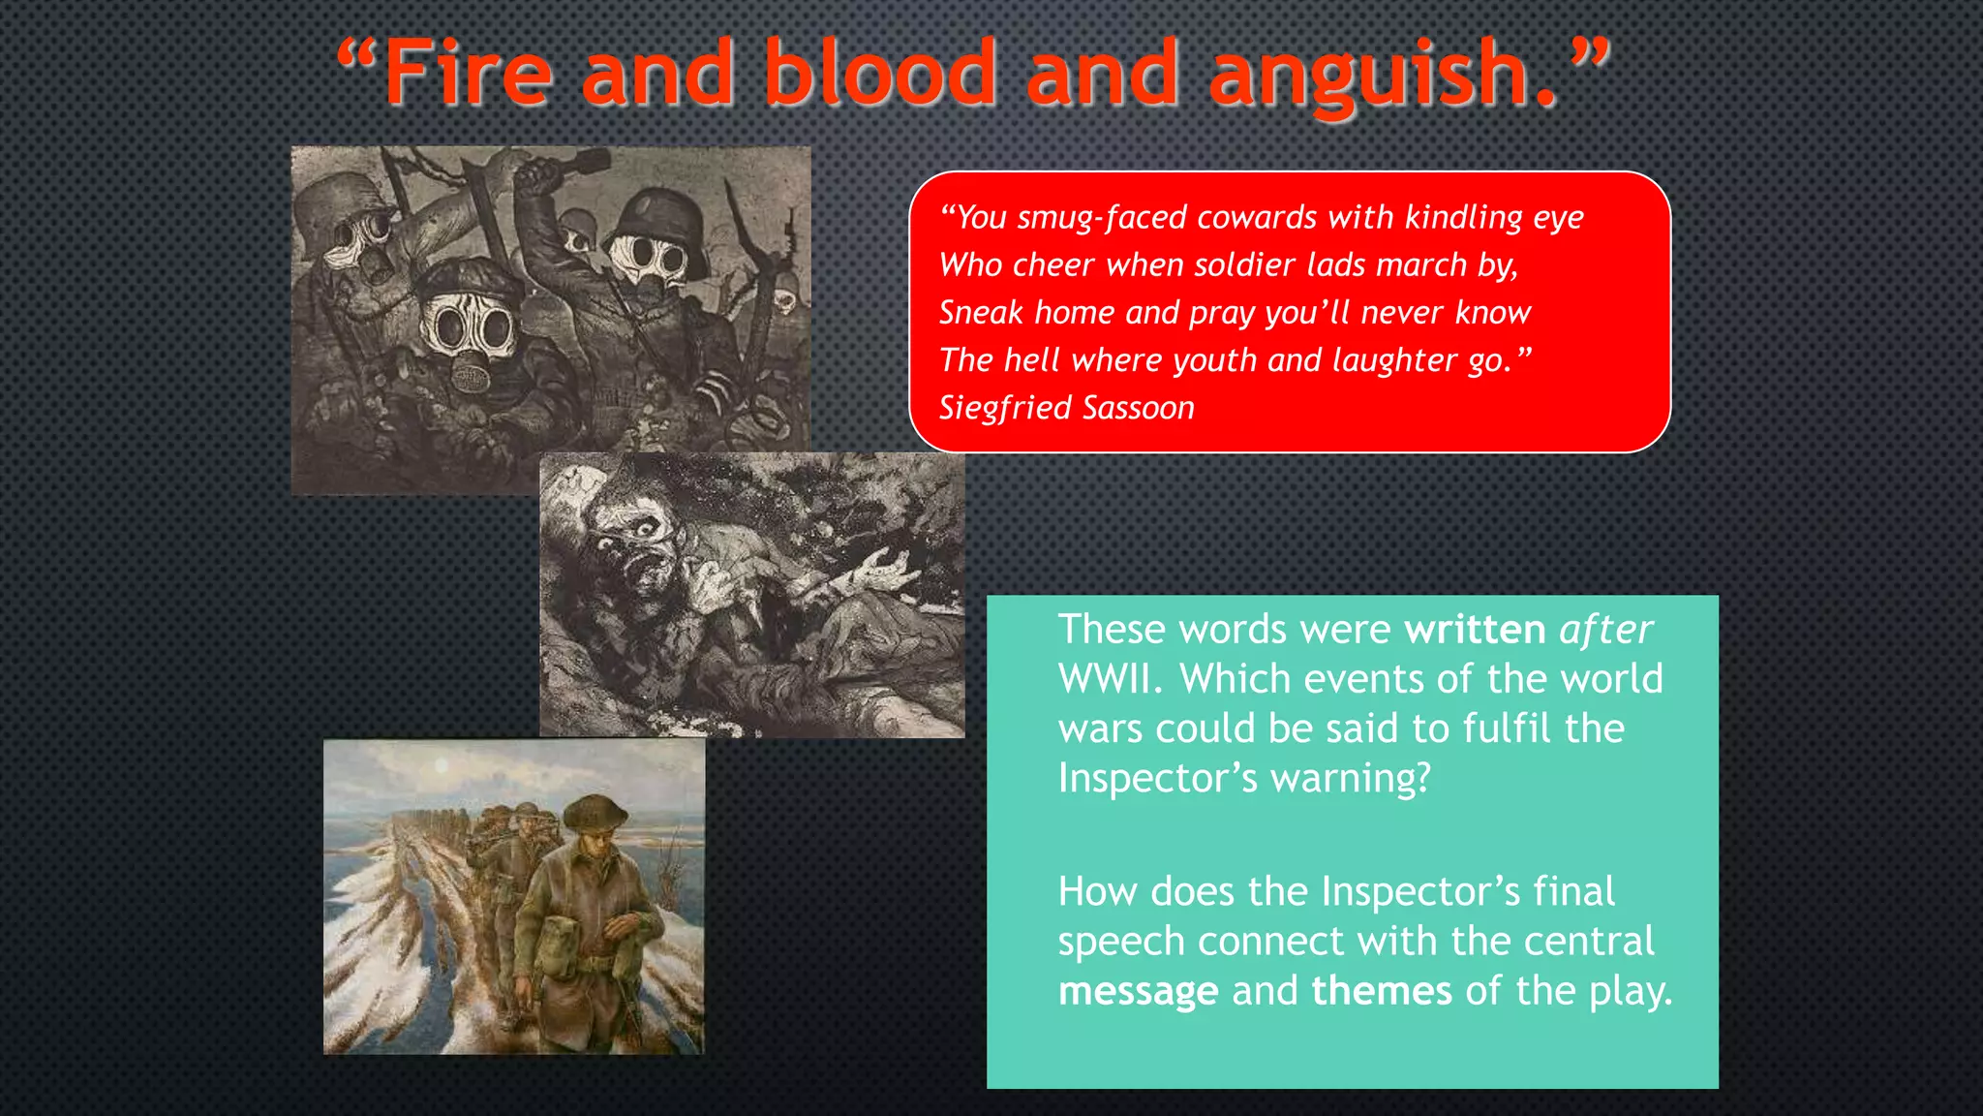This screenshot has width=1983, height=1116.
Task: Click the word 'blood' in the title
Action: [x=880, y=73]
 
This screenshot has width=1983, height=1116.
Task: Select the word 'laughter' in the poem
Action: [x=1395, y=360]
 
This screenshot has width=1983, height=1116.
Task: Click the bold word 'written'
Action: [x=1475, y=630]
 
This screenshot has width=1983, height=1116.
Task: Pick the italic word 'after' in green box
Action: [x=1605, y=630]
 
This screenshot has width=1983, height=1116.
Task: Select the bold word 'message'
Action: [x=1138, y=991]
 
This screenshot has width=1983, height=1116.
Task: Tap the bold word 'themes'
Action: [x=1382, y=991]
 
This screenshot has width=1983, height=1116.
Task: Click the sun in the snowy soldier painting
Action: [x=442, y=766]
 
